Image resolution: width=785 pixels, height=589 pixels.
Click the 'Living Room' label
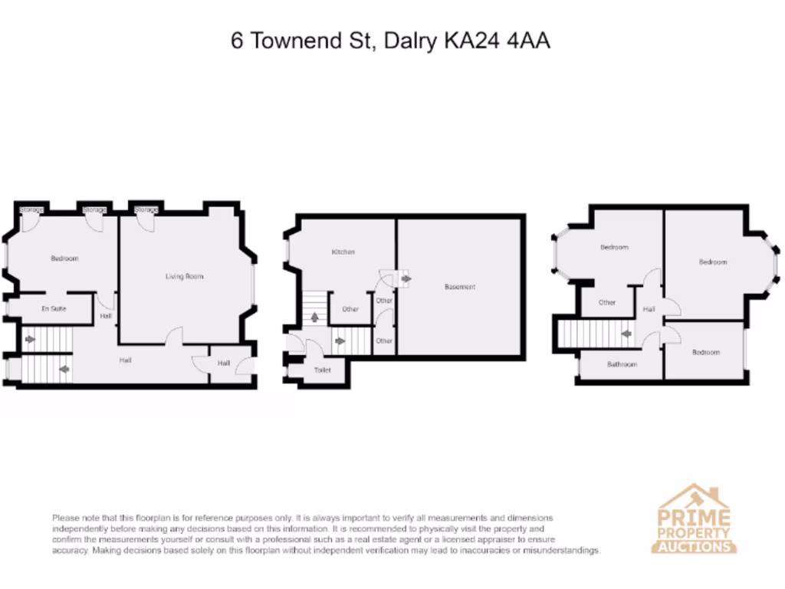coord(185,276)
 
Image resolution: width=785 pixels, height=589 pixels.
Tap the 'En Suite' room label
coord(54,308)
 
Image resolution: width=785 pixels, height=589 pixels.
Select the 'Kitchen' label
coord(343,252)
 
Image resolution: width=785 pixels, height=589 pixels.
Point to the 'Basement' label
coord(460,287)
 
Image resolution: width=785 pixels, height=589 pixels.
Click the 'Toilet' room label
coord(322,370)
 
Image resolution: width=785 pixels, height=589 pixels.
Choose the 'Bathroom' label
coord(622,364)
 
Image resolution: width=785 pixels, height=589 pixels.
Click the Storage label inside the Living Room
coord(146,209)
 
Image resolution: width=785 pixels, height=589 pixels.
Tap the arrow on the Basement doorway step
coord(405,278)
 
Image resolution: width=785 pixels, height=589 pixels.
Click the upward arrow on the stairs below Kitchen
coord(314,316)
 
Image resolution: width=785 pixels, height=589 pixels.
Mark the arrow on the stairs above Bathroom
coord(626,334)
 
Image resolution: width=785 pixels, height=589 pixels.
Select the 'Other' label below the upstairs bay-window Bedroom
coord(607,302)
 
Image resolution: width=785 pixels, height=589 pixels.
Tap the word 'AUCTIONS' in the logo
coord(694,547)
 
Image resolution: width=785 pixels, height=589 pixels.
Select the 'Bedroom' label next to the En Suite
coord(64,258)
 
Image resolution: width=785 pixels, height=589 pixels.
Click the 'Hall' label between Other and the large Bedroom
coord(649,309)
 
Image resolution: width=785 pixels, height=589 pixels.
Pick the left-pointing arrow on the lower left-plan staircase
coord(64,369)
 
